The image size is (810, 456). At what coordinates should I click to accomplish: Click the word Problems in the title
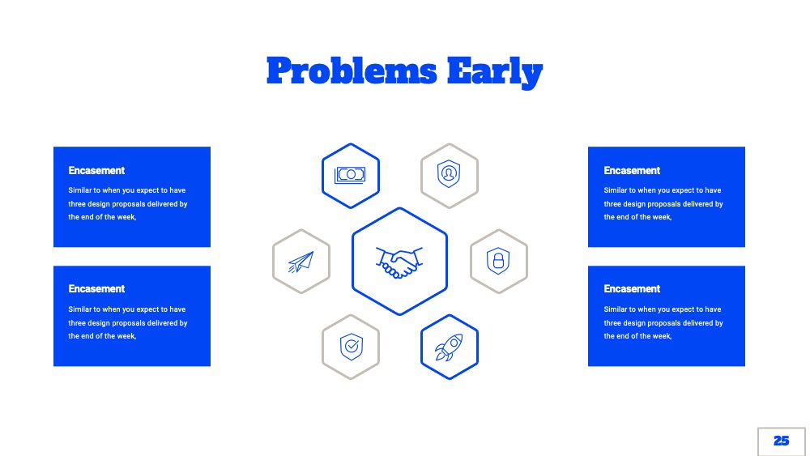pyautogui.click(x=352, y=70)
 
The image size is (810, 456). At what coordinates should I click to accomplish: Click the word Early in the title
pyautogui.click(x=495, y=72)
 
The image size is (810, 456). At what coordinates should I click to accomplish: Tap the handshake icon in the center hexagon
pyautogui.click(x=399, y=262)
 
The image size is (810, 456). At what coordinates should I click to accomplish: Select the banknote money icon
pyautogui.click(x=350, y=175)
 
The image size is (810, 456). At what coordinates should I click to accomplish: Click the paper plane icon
pyautogui.click(x=301, y=262)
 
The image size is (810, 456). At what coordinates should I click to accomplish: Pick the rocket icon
pyautogui.click(x=449, y=347)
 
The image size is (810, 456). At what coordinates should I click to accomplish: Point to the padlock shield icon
pyautogui.click(x=498, y=261)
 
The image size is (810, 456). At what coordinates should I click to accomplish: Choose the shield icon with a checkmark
pyautogui.click(x=352, y=347)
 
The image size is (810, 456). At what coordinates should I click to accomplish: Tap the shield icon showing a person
pyautogui.click(x=449, y=174)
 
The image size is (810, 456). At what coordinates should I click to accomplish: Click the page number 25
pyautogui.click(x=781, y=441)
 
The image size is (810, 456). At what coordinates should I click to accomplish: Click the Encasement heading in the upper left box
pyautogui.click(x=96, y=170)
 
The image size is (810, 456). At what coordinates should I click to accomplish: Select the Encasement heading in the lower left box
pyautogui.click(x=96, y=288)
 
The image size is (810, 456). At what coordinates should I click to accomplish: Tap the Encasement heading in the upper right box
pyautogui.click(x=632, y=170)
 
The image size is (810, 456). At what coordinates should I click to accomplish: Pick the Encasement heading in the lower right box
pyautogui.click(x=632, y=288)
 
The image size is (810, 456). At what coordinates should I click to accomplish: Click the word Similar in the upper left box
pyautogui.click(x=79, y=190)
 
